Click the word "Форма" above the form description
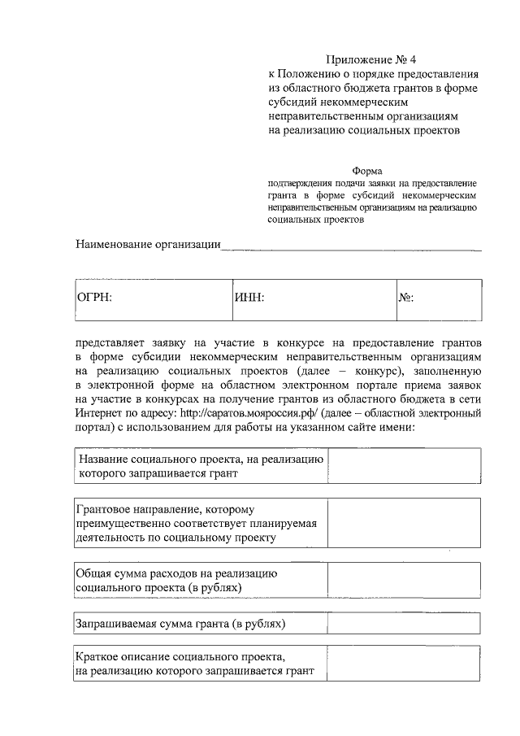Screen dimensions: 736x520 pyautogui.click(x=367, y=171)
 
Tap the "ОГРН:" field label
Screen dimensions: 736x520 pyautogui.click(x=93, y=298)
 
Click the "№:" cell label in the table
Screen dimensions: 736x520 pyautogui.click(x=406, y=298)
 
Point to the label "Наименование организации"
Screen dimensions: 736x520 pyautogui.click(x=148, y=244)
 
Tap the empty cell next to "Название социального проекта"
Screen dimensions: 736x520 pyautogui.click(x=403, y=466)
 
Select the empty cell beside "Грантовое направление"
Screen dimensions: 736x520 pyautogui.click(x=403, y=522)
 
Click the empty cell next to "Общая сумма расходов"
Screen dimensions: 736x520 pyautogui.click(x=403, y=580)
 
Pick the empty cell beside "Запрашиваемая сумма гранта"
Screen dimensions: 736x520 pyautogui.click(x=403, y=624)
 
